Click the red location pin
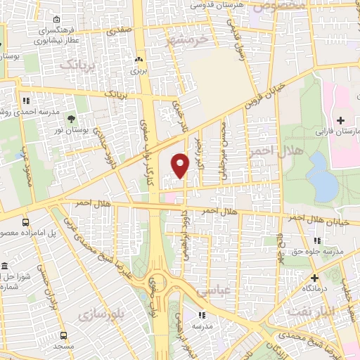coord(180,165)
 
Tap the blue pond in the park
coord(323,176)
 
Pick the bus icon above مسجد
coord(64,336)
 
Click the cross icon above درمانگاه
coord(316,277)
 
